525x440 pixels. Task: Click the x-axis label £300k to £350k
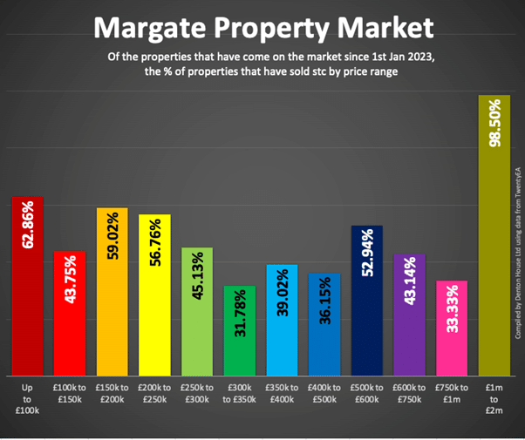[x=239, y=391]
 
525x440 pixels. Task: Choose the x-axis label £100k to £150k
[x=69, y=391]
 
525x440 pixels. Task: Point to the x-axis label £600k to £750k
[x=409, y=391]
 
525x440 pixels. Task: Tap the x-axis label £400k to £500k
[x=324, y=391]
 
